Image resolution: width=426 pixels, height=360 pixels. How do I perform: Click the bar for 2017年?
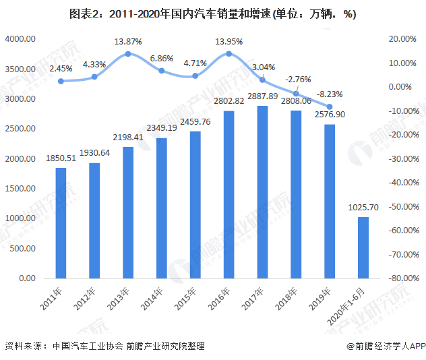coord(262,192)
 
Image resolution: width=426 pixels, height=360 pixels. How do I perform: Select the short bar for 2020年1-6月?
coord(363,247)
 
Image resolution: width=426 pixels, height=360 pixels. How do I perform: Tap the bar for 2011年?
coord(61,222)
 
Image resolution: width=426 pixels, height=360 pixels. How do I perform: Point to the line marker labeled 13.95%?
coord(229,53)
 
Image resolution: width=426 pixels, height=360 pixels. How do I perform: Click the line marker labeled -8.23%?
coord(330,107)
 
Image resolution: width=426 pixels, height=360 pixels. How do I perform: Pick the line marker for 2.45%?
coord(61,81)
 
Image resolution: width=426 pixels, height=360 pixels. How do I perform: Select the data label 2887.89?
coord(262,97)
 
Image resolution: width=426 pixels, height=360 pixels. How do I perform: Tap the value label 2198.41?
coord(128,138)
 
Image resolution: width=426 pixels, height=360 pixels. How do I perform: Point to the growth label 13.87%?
coord(127,41)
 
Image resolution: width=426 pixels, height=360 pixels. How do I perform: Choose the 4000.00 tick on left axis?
coord(20,39)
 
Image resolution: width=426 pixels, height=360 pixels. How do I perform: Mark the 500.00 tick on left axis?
coord(22,248)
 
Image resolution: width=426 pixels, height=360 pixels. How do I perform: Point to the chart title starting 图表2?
coord(212,13)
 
